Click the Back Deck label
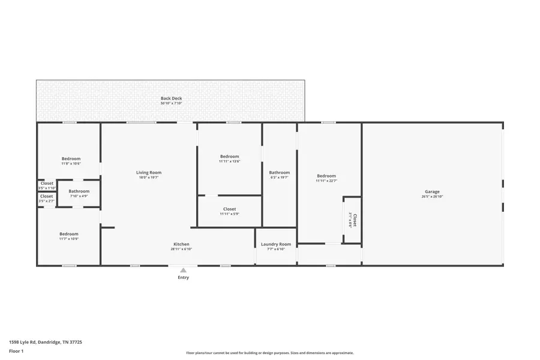click(171, 98)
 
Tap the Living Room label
click(148, 173)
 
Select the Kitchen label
click(181, 244)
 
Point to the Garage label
click(432, 192)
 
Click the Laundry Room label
click(276, 244)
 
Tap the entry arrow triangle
click(183, 271)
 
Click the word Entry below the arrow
click(183, 278)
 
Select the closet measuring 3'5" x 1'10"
click(47, 184)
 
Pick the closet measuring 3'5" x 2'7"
click(47, 196)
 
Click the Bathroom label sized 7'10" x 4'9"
click(79, 191)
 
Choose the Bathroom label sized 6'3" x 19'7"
click(279, 173)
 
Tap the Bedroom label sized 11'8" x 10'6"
click(71, 159)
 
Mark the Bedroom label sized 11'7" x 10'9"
click(68, 234)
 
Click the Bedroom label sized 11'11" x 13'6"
click(229, 157)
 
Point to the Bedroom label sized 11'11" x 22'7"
click(326, 176)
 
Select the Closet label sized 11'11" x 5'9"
click(229, 209)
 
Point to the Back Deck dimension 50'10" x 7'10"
click(171, 104)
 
